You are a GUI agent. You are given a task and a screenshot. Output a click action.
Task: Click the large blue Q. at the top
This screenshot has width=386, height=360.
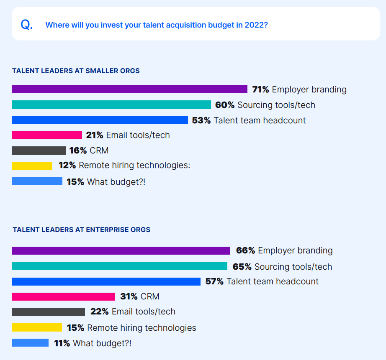pos(26,25)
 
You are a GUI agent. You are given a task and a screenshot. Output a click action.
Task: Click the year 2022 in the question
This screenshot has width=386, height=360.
pos(256,25)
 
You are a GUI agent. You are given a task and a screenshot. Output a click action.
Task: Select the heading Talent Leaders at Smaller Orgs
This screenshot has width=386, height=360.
pos(76,71)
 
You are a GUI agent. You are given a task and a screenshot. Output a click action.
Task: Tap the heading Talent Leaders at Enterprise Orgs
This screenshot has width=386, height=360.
pos(81,230)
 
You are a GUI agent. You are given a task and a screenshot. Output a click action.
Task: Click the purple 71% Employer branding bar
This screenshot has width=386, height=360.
pos(130,89)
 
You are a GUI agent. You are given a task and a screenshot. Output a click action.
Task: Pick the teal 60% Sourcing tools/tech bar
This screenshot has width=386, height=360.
pos(111,105)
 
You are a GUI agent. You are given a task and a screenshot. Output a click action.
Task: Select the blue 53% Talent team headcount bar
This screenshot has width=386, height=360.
pos(100,120)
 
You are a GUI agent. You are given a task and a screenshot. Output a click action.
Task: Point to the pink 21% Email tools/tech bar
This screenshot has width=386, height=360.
pos(47,135)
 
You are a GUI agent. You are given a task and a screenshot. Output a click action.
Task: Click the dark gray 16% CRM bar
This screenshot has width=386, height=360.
pos(39,151)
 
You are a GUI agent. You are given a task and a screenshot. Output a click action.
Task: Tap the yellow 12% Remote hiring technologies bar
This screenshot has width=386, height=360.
pos(32,166)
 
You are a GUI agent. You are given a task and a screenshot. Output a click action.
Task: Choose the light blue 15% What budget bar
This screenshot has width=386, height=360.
pos(37,181)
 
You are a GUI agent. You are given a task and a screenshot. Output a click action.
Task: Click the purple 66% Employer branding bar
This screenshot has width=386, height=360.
pos(121,250)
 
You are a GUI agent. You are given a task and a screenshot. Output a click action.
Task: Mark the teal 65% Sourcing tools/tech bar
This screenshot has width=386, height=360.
pos(119,266)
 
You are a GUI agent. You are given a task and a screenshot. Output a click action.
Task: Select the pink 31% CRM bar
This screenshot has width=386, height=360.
pos(63,296)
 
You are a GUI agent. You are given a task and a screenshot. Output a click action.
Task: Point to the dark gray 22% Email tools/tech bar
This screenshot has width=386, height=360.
pos(48,312)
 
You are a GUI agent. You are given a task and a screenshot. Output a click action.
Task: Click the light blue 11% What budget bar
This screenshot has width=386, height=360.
pos(30,343)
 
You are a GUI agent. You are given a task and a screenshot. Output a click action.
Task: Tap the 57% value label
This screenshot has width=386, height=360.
pos(214,281)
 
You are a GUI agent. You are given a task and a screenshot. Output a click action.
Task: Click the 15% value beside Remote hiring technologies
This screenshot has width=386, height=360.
pos(75,327)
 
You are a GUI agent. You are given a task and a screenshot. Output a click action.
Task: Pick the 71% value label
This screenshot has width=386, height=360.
pos(260,89)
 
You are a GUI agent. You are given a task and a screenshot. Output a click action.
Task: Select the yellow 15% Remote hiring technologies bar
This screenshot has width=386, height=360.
pos(37,327)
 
